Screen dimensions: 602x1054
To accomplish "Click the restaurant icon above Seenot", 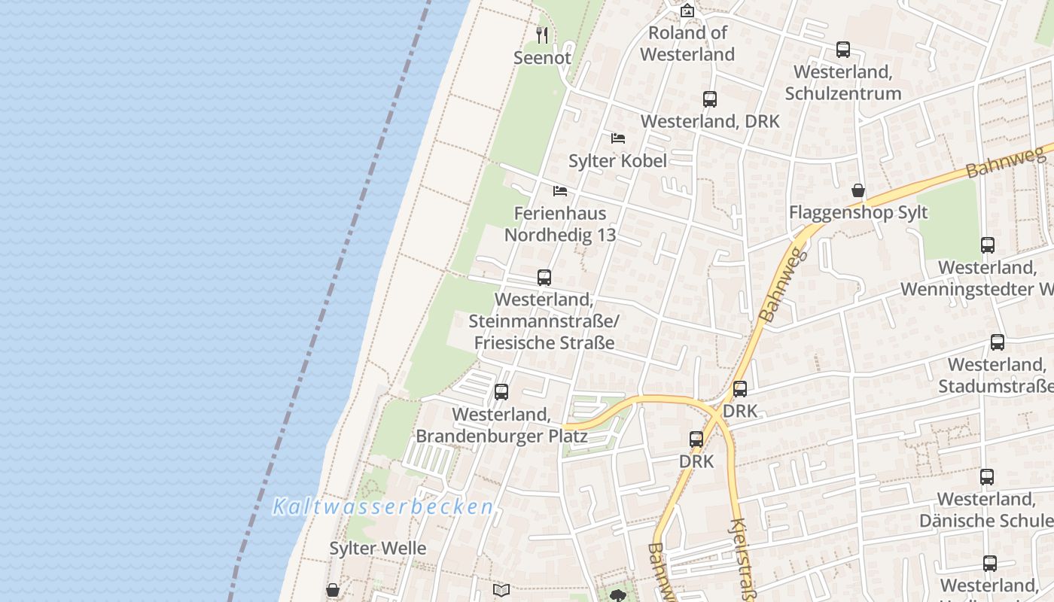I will (x=542, y=35).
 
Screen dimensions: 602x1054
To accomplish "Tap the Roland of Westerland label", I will (x=687, y=44).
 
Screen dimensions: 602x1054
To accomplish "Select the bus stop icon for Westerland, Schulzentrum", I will (x=843, y=50).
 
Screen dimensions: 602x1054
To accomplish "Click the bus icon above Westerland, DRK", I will (x=710, y=99).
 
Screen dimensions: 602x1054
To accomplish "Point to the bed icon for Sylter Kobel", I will (x=618, y=138).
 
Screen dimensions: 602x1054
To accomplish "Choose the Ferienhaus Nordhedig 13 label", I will (x=560, y=223).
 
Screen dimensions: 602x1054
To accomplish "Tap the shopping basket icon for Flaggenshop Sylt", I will (x=858, y=190).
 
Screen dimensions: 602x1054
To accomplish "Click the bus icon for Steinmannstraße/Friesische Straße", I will (x=544, y=277).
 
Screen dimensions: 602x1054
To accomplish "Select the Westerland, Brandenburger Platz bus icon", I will (x=501, y=392).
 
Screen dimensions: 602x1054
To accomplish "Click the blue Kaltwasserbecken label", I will (x=382, y=506).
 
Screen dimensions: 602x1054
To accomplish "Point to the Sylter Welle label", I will (x=378, y=548).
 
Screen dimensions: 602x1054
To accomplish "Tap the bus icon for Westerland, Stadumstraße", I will (x=998, y=342).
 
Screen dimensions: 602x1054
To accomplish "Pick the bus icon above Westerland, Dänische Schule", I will (x=987, y=476).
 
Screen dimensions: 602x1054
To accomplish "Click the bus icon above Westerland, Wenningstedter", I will (x=988, y=245).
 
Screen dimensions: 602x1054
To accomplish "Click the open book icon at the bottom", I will (x=501, y=590).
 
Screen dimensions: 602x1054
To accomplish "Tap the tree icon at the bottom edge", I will (x=618, y=596).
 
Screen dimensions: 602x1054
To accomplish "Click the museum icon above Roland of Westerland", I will (x=687, y=11).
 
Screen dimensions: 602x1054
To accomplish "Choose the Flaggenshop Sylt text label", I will (x=858, y=212).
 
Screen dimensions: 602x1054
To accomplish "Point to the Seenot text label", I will (x=542, y=57).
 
